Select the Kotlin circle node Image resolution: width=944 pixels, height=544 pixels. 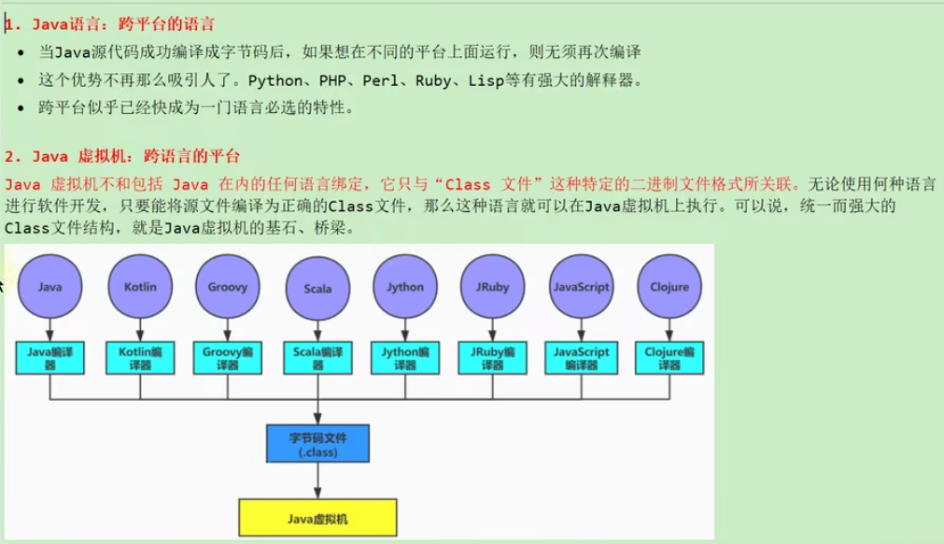140,287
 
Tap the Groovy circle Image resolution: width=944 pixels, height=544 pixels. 227,287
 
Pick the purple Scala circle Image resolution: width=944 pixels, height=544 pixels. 317,288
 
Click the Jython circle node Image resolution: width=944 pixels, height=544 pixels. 405,287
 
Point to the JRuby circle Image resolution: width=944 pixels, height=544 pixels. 492,287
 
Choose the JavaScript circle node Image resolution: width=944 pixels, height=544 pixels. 581,287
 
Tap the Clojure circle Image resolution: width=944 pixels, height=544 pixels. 669,287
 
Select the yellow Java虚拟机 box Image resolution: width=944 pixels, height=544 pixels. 317,517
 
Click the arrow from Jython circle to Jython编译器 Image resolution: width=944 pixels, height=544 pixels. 405,329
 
